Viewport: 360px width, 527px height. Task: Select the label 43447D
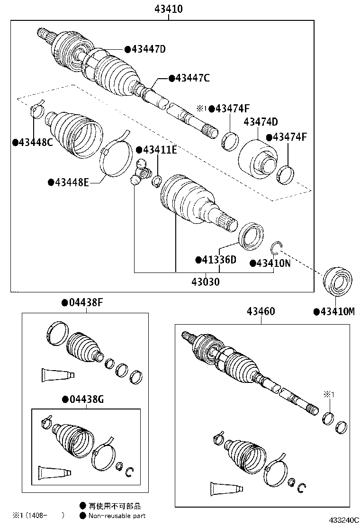[147, 49]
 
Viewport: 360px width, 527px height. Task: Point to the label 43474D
[261, 122]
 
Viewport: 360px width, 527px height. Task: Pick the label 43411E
[159, 150]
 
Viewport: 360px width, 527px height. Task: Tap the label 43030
[206, 282]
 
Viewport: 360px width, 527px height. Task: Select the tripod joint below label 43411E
[140, 172]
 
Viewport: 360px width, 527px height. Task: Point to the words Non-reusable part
[117, 516]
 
